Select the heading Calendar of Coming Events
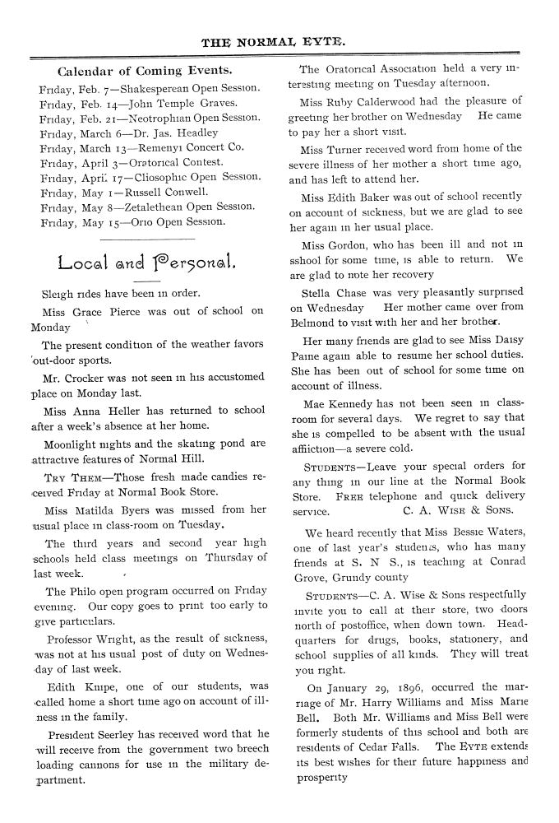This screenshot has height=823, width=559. [x=144, y=71]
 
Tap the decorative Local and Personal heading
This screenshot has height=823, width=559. [x=148, y=264]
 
